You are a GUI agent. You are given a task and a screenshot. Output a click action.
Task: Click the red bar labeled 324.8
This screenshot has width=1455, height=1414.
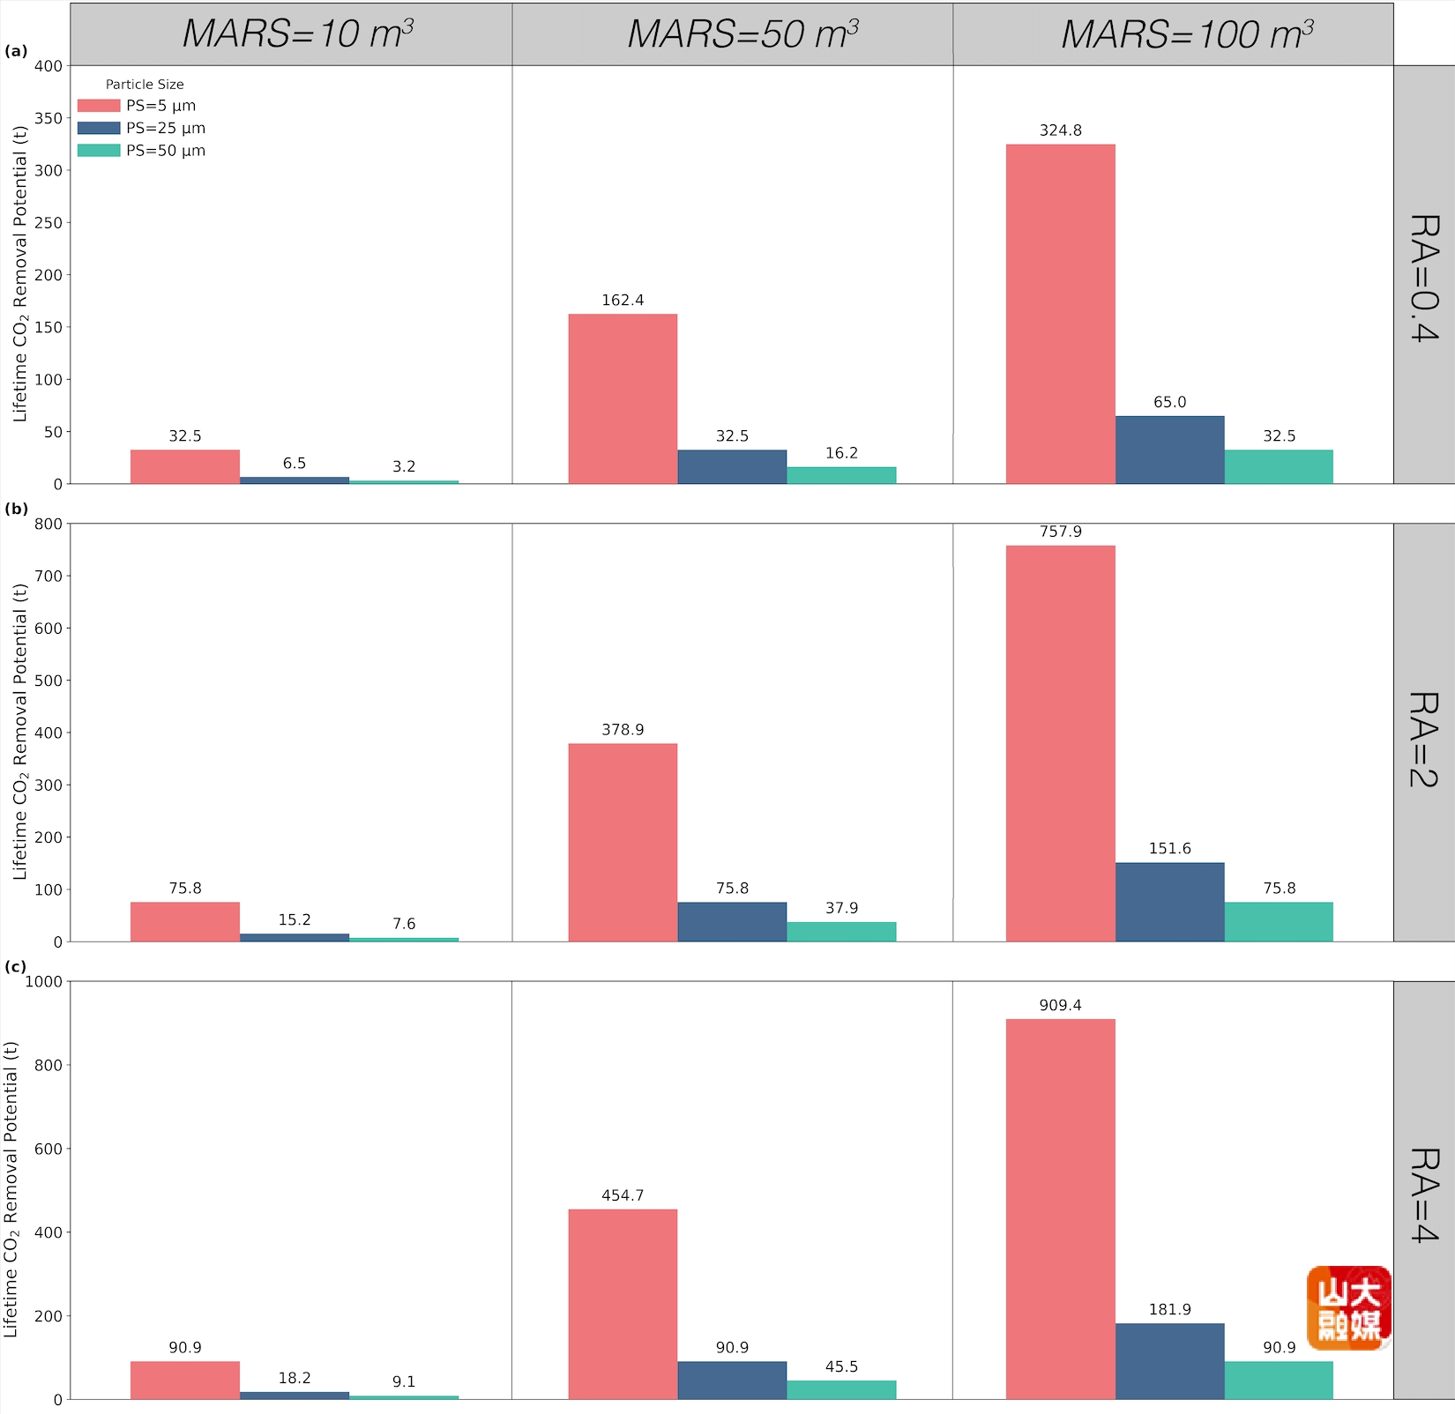(x=1060, y=313)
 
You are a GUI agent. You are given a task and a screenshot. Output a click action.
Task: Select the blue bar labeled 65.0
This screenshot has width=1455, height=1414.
(x=1169, y=450)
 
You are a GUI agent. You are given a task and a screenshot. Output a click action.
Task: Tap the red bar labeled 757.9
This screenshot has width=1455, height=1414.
(x=1060, y=743)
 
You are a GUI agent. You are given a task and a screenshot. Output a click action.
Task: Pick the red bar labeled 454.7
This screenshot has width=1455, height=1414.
(x=623, y=1304)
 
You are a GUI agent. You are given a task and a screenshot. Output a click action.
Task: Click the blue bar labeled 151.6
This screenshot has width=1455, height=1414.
(x=1169, y=902)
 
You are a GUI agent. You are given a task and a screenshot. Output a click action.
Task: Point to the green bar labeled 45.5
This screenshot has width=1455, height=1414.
(x=841, y=1389)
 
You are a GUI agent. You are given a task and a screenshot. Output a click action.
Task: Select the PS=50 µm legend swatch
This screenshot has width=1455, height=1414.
(x=99, y=151)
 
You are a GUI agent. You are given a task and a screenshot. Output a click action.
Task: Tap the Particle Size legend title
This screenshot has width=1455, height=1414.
(x=145, y=85)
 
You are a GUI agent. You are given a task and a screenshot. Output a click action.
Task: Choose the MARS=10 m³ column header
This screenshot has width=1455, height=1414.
(x=297, y=34)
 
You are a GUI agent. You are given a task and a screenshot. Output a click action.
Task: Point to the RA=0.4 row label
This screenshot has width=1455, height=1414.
(x=1424, y=277)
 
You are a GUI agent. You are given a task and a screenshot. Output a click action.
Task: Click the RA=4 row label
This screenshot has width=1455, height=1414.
(x=1424, y=1194)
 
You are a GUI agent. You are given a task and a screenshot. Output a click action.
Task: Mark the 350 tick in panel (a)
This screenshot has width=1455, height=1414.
(x=48, y=118)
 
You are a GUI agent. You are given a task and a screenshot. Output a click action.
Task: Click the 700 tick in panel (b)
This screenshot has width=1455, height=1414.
(x=48, y=577)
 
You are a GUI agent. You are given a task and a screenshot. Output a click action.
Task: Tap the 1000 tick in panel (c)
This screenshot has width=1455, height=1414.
(x=44, y=981)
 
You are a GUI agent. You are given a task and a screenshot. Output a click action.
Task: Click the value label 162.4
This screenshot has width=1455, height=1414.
(x=623, y=301)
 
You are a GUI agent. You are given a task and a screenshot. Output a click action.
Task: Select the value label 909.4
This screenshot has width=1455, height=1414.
(x=1060, y=1005)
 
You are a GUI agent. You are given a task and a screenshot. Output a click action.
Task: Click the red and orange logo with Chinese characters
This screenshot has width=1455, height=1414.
(x=1348, y=1308)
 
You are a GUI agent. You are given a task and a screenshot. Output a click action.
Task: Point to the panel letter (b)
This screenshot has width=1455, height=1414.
(x=16, y=509)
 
